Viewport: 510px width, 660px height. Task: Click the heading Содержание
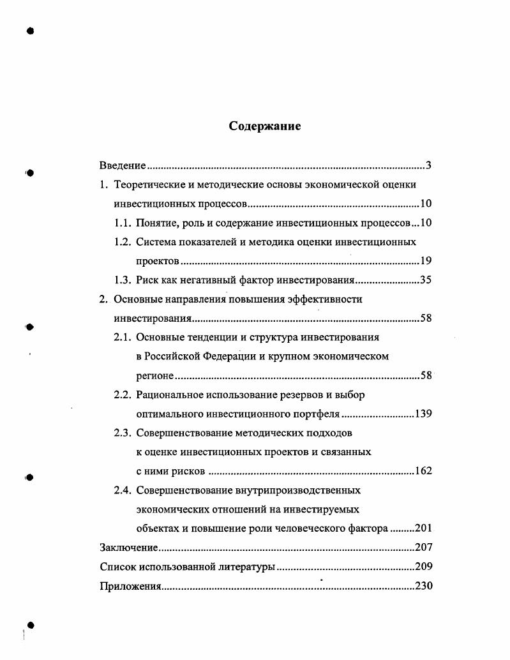pos(265,126)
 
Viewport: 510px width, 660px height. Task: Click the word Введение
pos(123,167)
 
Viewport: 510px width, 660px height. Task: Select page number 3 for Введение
pos(429,167)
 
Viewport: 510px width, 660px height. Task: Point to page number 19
pos(426,261)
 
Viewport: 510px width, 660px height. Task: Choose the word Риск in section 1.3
pos(147,280)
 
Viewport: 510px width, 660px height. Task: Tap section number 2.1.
pos(123,337)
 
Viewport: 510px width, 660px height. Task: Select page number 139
pos(423,414)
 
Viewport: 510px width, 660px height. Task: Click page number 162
pos(423,471)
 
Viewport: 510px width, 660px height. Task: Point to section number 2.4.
pos(123,490)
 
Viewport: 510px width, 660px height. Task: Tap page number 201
pos(423,529)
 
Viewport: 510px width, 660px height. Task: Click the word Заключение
pos(128,548)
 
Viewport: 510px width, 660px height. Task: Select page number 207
pos(423,548)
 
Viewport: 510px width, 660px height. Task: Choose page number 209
pos(423,567)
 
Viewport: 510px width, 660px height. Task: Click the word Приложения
pos(130,586)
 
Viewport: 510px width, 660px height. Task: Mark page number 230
pos(423,586)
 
